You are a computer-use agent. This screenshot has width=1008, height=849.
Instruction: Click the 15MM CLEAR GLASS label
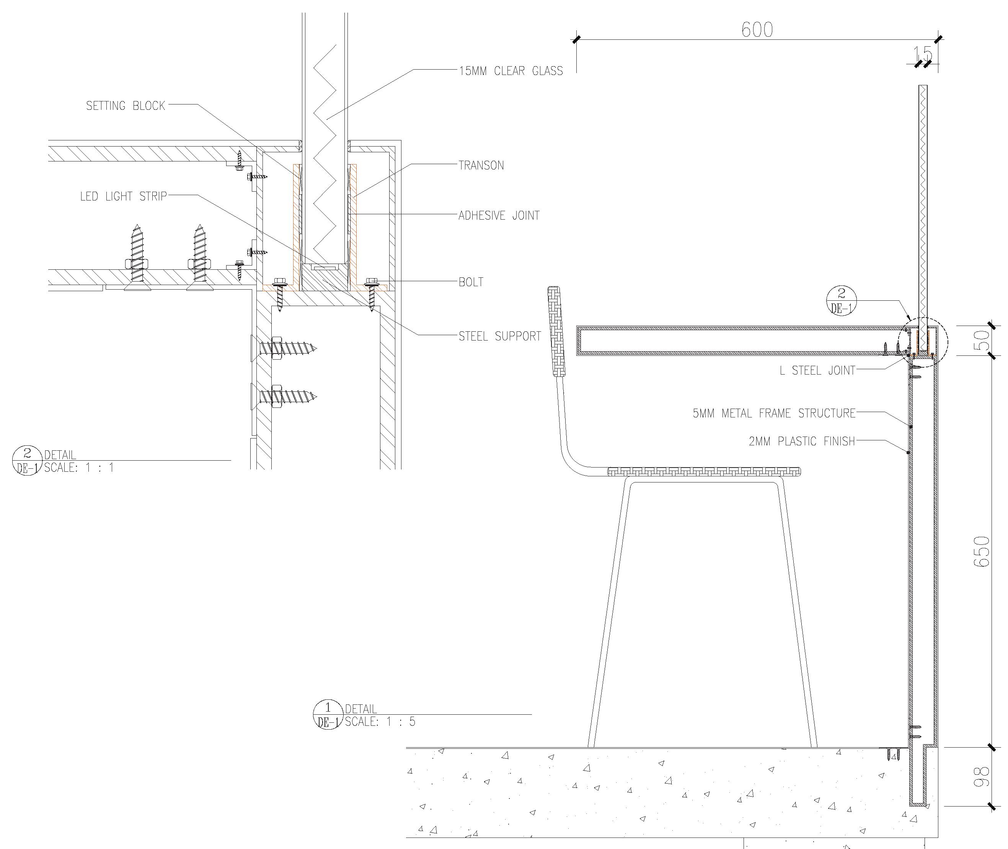pyautogui.click(x=511, y=71)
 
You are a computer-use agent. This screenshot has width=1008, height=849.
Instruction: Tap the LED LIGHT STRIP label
pyautogui.click(x=123, y=196)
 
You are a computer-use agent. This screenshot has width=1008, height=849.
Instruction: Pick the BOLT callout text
pyautogui.click(x=471, y=282)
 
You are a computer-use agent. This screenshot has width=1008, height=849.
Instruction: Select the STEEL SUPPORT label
pyautogui.click(x=500, y=336)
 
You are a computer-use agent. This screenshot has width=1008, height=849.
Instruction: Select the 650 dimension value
pyautogui.click(x=982, y=552)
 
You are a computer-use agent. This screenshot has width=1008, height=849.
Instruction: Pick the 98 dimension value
pyautogui.click(x=982, y=777)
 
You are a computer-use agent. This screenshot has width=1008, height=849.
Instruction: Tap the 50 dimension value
pyautogui.click(x=982, y=340)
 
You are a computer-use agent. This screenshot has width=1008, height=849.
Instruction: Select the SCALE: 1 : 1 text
pyautogui.click(x=79, y=467)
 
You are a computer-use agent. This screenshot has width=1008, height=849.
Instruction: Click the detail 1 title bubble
pyautogui.click(x=328, y=715)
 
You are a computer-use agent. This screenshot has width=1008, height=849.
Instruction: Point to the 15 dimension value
pyautogui.click(x=922, y=54)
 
